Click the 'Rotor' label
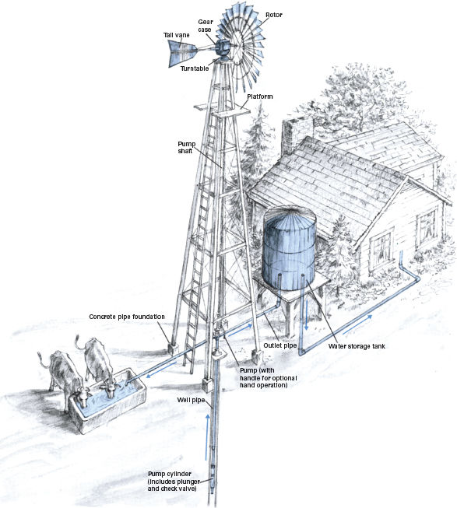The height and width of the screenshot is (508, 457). point(274,15)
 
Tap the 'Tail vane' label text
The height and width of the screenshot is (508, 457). point(176,35)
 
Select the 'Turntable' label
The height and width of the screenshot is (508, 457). point(195,68)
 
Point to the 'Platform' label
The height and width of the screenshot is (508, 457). point(260,96)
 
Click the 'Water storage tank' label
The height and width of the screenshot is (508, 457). point(357,346)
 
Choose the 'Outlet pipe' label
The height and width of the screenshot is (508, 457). point(280,345)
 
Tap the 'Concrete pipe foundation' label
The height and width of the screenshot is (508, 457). point(127,317)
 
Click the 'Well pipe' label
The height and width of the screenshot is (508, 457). point(191,400)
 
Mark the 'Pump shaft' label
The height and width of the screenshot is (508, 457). point(186,147)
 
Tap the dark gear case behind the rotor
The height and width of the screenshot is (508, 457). point(223,47)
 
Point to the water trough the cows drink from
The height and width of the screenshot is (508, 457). point(107,401)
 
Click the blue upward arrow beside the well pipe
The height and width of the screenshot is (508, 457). point(207,437)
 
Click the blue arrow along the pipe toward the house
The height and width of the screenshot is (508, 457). point(357,324)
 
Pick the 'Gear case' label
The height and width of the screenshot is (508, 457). point(206,26)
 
